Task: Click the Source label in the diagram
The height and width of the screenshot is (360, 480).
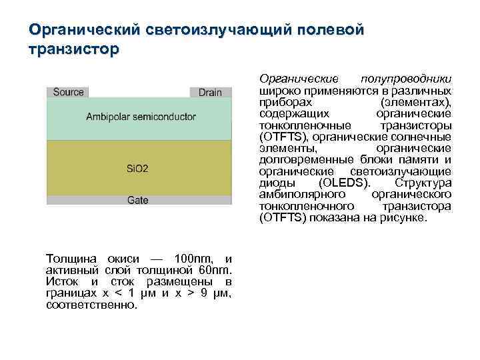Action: click(x=68, y=92)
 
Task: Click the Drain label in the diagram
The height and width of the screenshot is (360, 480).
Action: click(x=210, y=93)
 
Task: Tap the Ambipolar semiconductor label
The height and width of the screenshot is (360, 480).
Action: click(x=141, y=117)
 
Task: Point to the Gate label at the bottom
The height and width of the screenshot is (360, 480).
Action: click(x=137, y=200)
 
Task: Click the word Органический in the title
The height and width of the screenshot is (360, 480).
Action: click(x=83, y=30)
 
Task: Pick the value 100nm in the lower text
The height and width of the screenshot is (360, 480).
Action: click(x=193, y=258)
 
